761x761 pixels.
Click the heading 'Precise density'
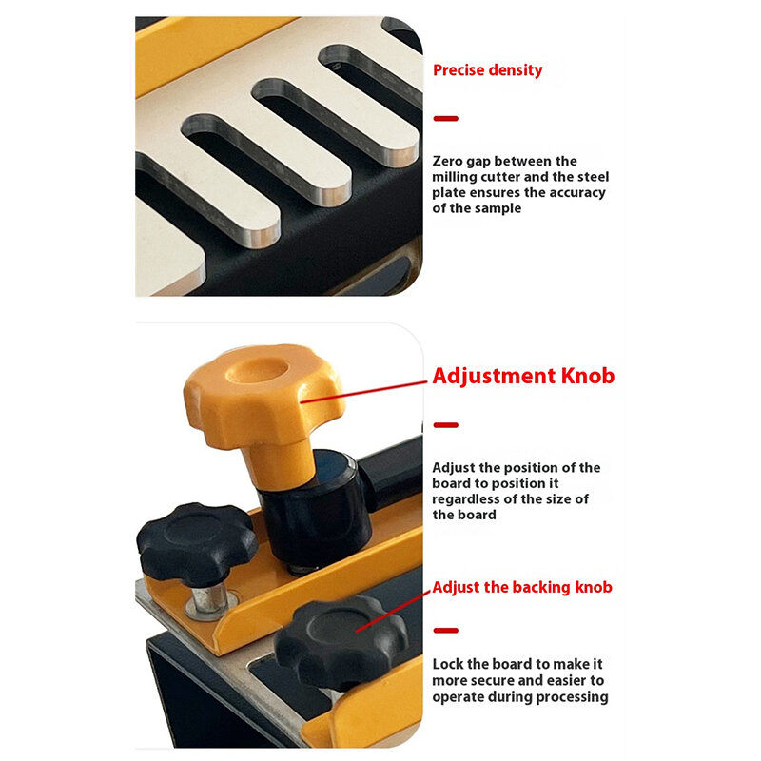coord(487,70)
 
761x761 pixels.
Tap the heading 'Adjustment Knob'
coord(523,377)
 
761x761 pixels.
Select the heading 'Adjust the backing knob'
coord(522,587)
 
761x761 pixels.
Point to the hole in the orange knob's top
coord(258,370)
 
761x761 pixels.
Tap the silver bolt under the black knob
coord(209,601)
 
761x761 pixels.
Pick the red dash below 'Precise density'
coord(445,118)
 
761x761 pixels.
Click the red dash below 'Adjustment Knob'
coord(445,425)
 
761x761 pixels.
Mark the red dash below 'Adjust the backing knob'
coord(445,631)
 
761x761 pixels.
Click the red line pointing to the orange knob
coord(364,392)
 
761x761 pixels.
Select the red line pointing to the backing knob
coord(393,612)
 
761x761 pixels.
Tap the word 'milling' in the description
coord(455,177)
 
